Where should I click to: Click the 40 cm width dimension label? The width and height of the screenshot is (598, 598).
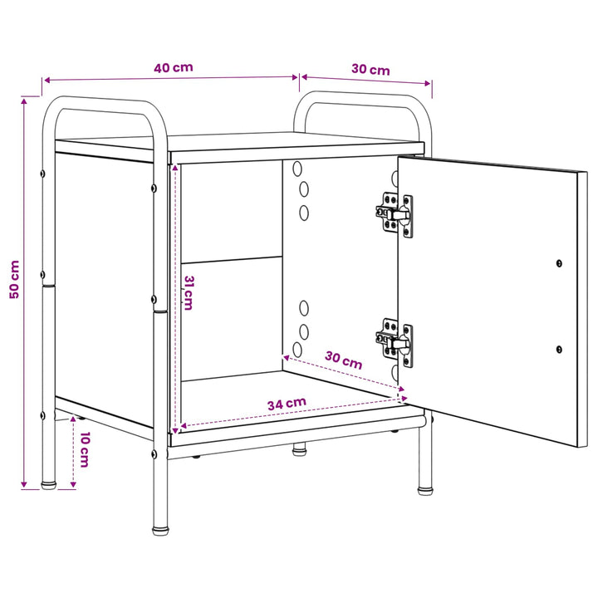click(174, 68)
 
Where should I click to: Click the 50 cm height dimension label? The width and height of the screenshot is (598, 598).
click(14, 279)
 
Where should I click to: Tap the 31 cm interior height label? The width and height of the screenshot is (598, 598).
click(189, 293)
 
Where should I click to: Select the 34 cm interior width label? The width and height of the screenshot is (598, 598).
click(287, 404)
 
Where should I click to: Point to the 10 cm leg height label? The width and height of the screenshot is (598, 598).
click(84, 449)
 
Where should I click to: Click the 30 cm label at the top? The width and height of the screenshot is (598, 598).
click(370, 70)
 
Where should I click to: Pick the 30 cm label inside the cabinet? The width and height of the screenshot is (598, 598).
click(343, 360)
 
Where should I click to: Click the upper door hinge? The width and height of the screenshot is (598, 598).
click(395, 214)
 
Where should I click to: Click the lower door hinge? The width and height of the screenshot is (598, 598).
click(395, 342)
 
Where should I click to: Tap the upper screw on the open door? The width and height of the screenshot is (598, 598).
click(559, 263)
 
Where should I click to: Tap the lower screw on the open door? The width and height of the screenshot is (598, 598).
click(559, 349)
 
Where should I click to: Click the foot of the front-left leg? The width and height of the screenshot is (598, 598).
click(160, 531)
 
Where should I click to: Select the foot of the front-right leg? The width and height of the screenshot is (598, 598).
click(425, 491)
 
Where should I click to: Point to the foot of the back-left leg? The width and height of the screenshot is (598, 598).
click(48, 485)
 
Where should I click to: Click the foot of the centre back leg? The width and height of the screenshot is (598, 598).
click(299, 452)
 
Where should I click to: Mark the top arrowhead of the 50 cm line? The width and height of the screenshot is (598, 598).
click(24, 101)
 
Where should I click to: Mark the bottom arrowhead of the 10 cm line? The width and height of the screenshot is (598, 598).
click(73, 484)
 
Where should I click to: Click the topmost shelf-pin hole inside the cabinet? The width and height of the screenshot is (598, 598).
click(297, 168)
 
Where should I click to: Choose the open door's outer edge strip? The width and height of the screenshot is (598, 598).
click(582, 310)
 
